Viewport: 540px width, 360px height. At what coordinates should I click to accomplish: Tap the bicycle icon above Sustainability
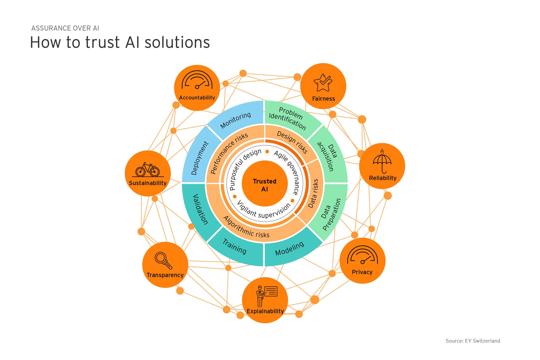[148, 169]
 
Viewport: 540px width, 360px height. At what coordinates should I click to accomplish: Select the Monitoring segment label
[235, 120]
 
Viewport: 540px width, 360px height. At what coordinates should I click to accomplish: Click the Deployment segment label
[200, 158]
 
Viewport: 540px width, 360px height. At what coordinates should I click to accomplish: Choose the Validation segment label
[200, 209]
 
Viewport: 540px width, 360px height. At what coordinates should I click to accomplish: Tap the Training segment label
[234, 246]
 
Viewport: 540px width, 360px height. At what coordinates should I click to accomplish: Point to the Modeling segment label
[290, 249]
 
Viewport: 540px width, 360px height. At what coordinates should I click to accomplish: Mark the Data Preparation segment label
[331, 214]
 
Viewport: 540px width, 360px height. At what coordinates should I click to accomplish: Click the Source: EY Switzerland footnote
[473, 341]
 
